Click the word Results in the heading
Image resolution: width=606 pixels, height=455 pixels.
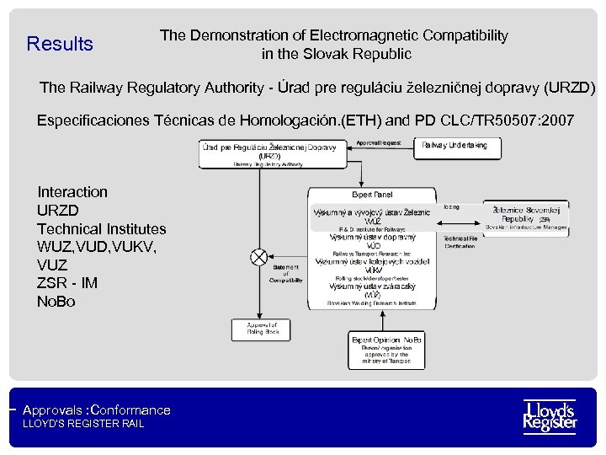tap(60, 44)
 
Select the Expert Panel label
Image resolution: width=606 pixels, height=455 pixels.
tap(372, 195)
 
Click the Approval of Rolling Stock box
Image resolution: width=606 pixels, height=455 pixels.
tap(262, 329)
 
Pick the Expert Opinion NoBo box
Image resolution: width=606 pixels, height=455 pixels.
tap(386, 350)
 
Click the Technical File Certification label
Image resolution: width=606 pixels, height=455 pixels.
tap(460, 242)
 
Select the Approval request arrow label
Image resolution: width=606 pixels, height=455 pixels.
tap(379, 142)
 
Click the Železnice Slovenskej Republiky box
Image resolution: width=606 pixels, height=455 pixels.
tap(527, 216)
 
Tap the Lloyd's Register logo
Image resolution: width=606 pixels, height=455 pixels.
tap(550, 415)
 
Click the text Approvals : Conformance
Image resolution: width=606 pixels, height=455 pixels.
tap(97, 410)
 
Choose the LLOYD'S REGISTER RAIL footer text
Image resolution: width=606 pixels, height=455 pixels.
tap(83, 424)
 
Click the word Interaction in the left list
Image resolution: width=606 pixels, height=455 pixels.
tap(72, 192)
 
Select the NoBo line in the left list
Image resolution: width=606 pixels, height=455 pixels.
tap(56, 301)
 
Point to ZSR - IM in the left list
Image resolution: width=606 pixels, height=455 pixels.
tap(67, 283)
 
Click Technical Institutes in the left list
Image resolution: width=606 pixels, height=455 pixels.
tap(102, 228)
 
